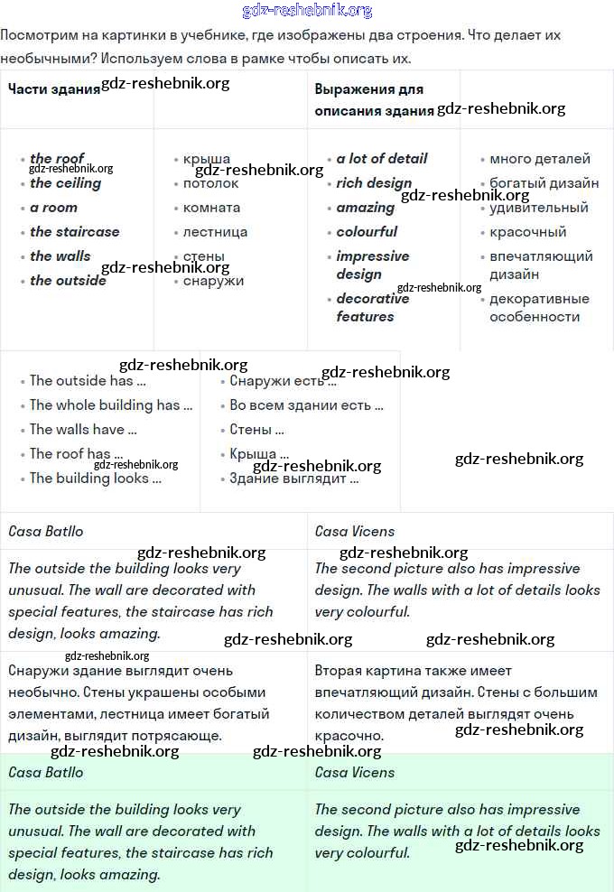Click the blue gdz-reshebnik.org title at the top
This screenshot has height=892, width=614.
(307, 11)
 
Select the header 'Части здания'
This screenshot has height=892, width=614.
(53, 89)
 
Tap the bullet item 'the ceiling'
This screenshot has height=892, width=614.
(65, 183)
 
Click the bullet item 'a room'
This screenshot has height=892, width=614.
(53, 208)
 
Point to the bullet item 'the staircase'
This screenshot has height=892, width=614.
(74, 232)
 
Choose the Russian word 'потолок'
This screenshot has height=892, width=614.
(210, 183)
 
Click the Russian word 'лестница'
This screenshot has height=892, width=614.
(215, 232)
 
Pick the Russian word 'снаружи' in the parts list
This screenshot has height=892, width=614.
(213, 281)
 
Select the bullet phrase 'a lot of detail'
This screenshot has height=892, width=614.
(382, 159)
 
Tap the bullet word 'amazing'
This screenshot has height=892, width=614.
(366, 208)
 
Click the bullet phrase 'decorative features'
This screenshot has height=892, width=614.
(373, 308)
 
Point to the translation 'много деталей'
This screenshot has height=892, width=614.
(540, 159)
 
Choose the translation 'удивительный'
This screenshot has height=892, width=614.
(539, 208)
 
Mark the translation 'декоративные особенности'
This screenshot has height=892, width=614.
(539, 308)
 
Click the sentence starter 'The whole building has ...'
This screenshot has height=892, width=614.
(111, 405)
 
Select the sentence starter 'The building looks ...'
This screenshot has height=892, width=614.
(96, 479)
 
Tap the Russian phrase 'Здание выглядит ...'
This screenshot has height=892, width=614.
(293, 479)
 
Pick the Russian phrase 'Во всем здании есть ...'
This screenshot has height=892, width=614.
(306, 405)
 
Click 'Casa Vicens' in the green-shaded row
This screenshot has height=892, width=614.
(355, 773)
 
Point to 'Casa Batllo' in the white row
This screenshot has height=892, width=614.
(46, 532)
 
